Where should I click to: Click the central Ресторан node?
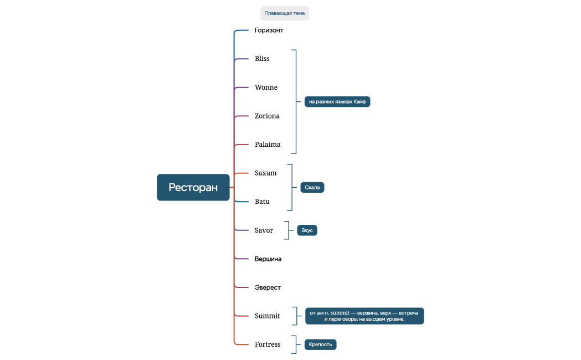(193, 187)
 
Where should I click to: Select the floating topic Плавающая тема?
(284, 13)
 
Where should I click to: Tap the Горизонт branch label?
(269, 30)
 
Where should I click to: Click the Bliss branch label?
(262, 59)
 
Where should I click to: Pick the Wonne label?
(266, 88)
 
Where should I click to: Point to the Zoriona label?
(267, 116)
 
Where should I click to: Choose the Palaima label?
(268, 145)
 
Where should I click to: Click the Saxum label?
(265, 173)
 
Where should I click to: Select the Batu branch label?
(262, 202)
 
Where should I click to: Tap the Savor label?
(264, 230)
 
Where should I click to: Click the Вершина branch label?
(268, 259)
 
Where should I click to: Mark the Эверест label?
(268, 287)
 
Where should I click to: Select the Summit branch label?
(267, 316)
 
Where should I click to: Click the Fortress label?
(268, 344)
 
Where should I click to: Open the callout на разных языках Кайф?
(337, 102)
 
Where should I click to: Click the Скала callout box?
(312, 187)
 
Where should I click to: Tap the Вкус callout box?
(307, 230)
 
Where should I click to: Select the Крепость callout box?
(320, 344)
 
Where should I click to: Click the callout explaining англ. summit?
(364, 316)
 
